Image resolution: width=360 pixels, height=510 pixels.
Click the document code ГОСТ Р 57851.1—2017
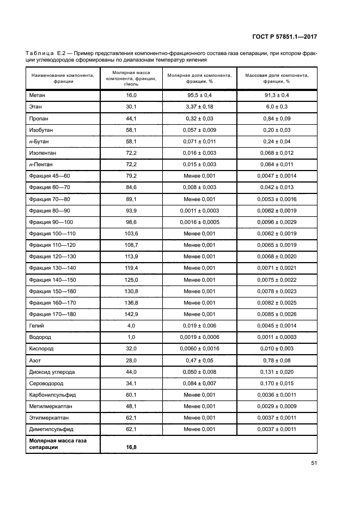292,37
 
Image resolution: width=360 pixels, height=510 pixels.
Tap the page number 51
314,463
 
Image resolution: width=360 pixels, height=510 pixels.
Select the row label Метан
37,95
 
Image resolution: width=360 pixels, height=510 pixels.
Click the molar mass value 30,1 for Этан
131,107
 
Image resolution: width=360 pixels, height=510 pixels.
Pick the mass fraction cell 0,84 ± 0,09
277,119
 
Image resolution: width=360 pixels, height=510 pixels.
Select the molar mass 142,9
131,314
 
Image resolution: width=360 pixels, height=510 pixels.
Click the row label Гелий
36,325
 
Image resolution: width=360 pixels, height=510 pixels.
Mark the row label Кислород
41,349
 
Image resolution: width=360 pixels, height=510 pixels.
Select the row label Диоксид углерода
52,372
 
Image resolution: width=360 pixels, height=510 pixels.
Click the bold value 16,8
131,447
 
